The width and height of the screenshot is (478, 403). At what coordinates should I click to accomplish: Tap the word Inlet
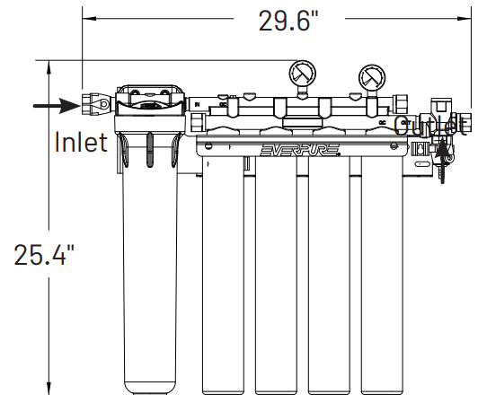pos(80,142)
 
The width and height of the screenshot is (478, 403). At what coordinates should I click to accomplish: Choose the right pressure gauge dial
pos(369,76)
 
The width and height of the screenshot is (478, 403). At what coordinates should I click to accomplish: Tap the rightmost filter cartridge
pos(380,278)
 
